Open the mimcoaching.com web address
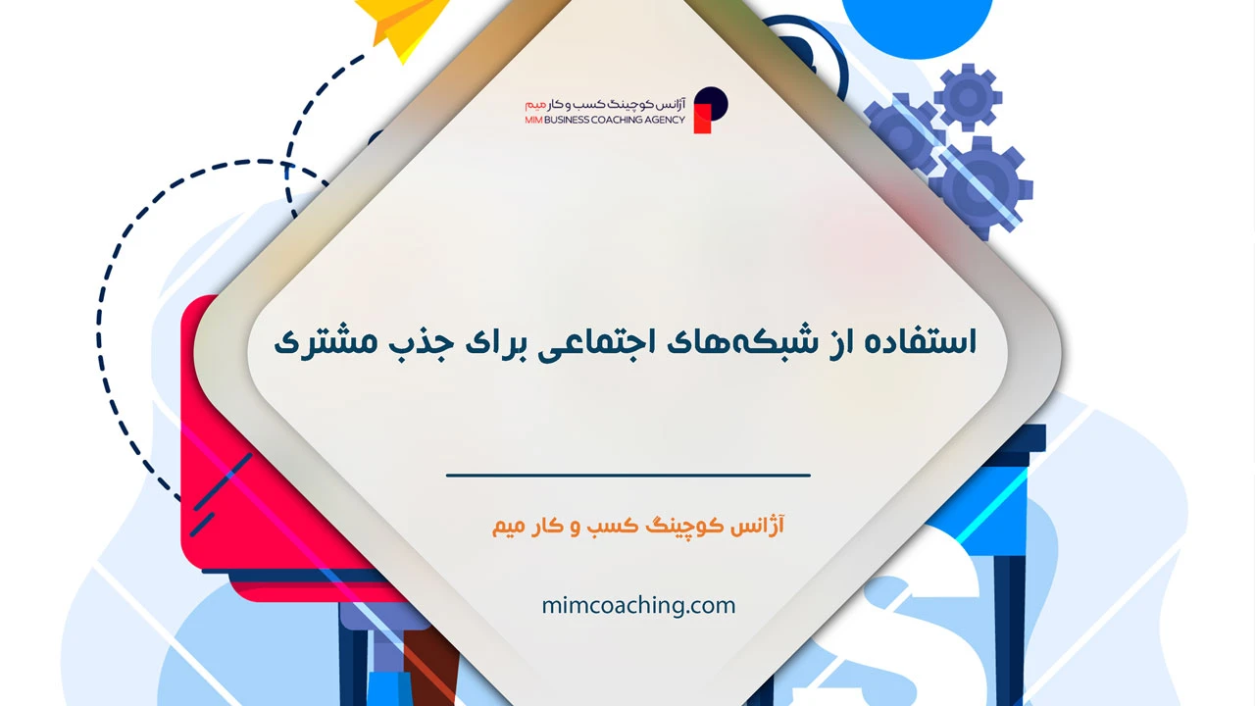638,605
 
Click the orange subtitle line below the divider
638,527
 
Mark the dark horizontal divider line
628,476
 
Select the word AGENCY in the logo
662,120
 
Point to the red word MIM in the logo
535,120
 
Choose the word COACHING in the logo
618,120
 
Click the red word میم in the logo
534,103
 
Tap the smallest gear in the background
968,96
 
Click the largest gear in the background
980,183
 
